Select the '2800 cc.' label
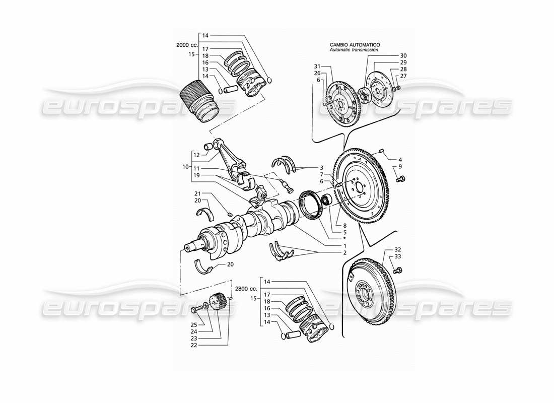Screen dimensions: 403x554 point(246,289)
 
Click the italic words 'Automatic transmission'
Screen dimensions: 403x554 point(355,50)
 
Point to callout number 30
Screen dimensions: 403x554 point(403,55)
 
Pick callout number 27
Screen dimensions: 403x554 point(403,76)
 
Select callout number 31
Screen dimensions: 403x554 point(317,66)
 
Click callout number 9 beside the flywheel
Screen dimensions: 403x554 point(400,167)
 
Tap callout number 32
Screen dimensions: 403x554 point(397,250)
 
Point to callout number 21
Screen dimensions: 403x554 point(198,193)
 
